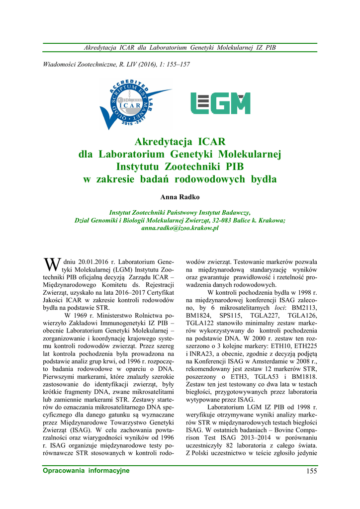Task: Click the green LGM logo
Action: coord(220,103)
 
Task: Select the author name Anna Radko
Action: coord(180,197)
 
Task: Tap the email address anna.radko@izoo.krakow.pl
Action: coord(180,228)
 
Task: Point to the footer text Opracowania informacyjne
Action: coord(86,471)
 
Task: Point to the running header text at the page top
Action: coord(180,48)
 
